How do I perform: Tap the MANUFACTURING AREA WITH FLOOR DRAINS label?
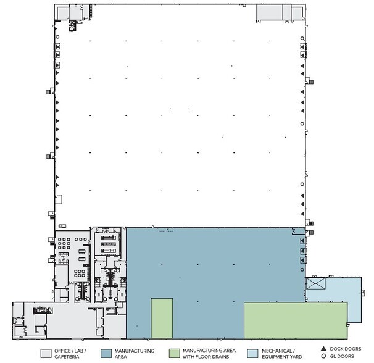click(x=210, y=353)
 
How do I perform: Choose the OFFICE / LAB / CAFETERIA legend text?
click(x=73, y=353)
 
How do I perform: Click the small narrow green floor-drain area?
click(x=162, y=318)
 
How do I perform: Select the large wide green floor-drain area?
click(x=295, y=320)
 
